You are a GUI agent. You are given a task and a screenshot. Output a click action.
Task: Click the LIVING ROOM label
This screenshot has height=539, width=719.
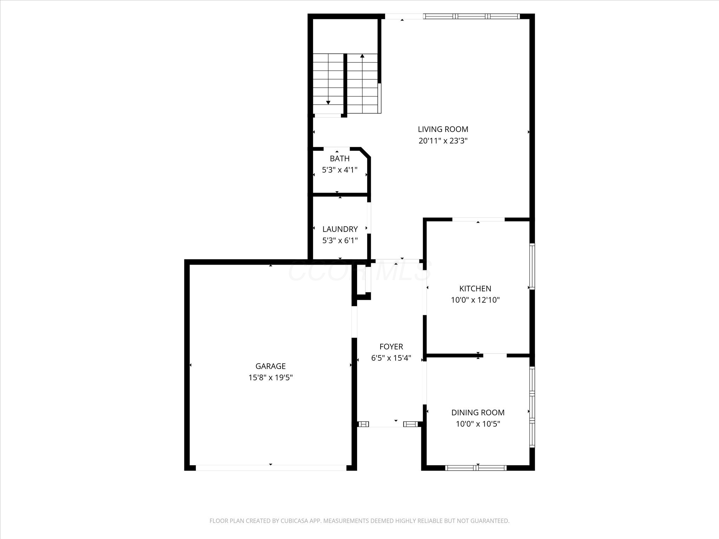pyautogui.click(x=443, y=129)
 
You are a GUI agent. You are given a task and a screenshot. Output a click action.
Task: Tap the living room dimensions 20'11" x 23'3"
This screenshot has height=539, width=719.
pyautogui.click(x=443, y=141)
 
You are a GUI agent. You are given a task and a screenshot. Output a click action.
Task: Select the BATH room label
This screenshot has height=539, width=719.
pyautogui.click(x=339, y=159)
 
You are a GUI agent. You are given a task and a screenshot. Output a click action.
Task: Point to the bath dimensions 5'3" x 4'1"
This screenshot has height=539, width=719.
pyautogui.click(x=339, y=170)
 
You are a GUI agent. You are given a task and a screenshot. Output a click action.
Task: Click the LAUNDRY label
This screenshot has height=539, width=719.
pyautogui.click(x=340, y=229)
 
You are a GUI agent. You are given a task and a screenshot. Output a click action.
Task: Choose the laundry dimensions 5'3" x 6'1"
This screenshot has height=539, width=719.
pyautogui.click(x=340, y=241)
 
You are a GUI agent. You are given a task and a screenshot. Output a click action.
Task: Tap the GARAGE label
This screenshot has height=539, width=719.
pyautogui.click(x=270, y=366)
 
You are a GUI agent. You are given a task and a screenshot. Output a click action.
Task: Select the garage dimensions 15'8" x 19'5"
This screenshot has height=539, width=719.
pyautogui.click(x=270, y=378)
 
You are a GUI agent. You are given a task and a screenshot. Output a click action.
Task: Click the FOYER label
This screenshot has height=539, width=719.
pyautogui.click(x=391, y=347)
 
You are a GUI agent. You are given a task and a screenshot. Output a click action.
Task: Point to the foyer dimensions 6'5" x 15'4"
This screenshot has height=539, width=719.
pyautogui.click(x=391, y=358)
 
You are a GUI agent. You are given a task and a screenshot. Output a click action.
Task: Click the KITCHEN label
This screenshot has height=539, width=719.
pyautogui.click(x=475, y=288)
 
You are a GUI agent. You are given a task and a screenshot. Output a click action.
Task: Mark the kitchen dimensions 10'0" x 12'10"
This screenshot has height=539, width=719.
pyautogui.click(x=475, y=300)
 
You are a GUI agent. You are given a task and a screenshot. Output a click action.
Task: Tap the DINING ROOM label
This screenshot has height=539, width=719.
pyautogui.click(x=478, y=413)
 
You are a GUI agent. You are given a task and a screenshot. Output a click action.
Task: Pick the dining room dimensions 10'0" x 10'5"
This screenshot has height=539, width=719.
pyautogui.click(x=478, y=424)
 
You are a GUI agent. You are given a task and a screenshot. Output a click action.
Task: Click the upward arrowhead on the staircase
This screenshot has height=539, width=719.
pyautogui.click(x=362, y=56)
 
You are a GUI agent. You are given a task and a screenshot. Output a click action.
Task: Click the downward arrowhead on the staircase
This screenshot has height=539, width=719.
pyautogui.click(x=328, y=102)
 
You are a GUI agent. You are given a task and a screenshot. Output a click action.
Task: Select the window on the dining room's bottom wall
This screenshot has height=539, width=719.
pyautogui.click(x=476, y=467)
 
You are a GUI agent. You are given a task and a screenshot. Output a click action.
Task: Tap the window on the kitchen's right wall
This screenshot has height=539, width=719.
pyautogui.click(x=532, y=267)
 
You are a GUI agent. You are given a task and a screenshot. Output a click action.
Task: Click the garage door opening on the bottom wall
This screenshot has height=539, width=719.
pyautogui.click(x=271, y=468)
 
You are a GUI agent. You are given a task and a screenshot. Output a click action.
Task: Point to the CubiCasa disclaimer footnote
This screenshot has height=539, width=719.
pyautogui.click(x=359, y=521)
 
